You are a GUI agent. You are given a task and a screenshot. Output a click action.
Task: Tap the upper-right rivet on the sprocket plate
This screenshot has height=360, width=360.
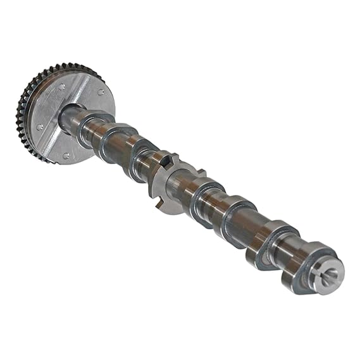pos(101,92)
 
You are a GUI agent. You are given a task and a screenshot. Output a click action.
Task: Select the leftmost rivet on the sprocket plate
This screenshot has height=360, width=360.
pos(40,127)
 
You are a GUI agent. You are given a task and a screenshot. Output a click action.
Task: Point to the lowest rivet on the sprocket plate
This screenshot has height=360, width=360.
pos(66,154)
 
